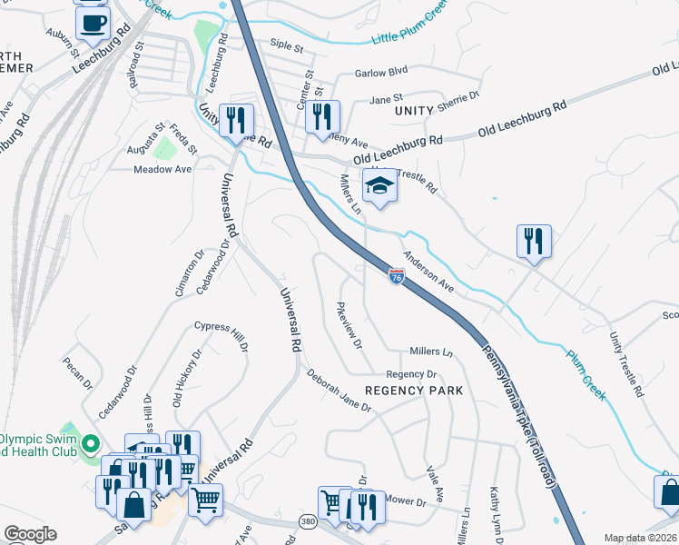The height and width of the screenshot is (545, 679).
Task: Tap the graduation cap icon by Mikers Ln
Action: point(379,188)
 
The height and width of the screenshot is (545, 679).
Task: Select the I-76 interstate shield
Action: point(396,274)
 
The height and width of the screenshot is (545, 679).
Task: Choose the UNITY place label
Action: point(417,110)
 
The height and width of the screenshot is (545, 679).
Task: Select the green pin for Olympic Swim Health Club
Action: point(90,444)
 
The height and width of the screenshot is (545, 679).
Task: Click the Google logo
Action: point(30,534)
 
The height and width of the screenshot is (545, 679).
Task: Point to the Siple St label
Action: point(286,44)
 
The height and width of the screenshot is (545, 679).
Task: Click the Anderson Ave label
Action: point(428,271)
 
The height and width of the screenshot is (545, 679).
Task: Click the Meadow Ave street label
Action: point(162,170)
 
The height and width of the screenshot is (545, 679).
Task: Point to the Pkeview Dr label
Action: point(349,326)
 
